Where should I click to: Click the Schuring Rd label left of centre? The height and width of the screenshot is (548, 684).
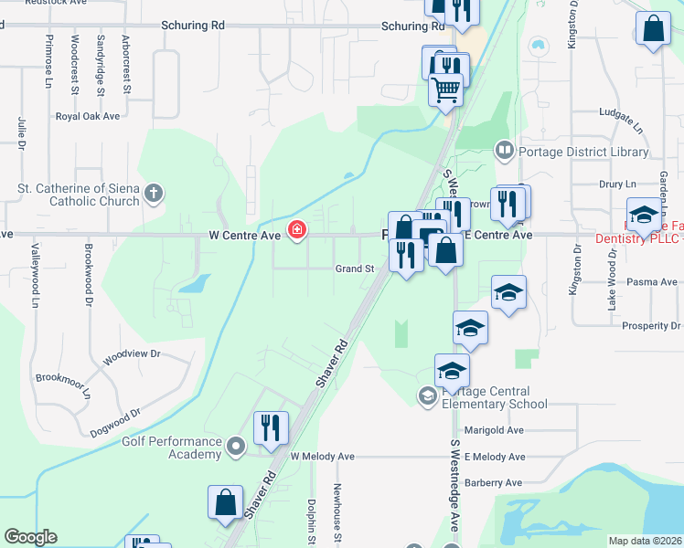coord(192,26)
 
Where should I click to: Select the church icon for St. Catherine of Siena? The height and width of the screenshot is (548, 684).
coord(154,193)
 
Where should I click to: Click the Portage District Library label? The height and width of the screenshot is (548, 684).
coord(583,152)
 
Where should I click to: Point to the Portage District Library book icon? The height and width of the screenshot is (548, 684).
coord(504,150)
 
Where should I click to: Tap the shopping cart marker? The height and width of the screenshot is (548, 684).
coord(445,90)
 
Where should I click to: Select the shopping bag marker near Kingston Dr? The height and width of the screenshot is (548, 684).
coord(655,30)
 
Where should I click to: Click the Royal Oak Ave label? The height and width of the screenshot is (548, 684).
coord(88,116)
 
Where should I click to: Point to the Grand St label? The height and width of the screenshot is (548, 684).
coord(355,269)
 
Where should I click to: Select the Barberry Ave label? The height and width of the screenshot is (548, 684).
coord(493,482)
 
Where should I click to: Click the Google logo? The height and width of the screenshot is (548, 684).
coord(30,537)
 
